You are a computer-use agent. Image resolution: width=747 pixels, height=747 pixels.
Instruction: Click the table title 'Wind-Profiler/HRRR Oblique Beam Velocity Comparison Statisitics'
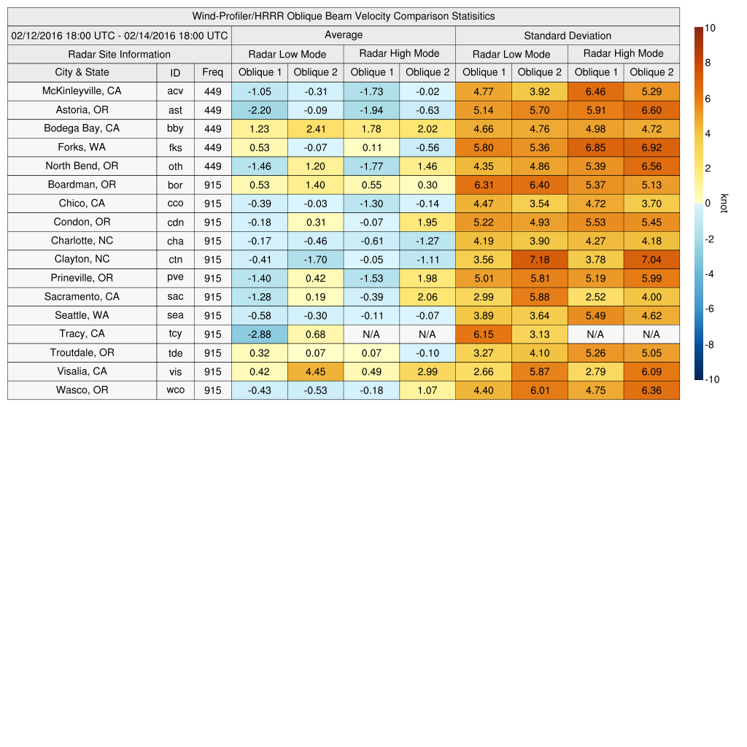click(x=344, y=16)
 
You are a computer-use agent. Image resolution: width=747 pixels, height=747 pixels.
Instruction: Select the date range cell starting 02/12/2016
click(x=120, y=35)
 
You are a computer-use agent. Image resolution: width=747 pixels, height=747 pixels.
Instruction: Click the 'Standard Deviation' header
click(x=568, y=36)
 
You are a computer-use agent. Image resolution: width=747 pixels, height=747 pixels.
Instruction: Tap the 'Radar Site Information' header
click(x=120, y=54)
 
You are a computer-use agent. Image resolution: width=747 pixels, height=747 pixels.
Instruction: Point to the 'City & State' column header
click(x=82, y=72)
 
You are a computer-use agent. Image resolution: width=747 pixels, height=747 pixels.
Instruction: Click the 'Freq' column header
click(x=212, y=72)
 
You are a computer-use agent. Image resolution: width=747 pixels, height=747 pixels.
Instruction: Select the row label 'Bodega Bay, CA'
click(x=82, y=128)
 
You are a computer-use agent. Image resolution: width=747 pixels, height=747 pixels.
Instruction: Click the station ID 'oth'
click(x=175, y=166)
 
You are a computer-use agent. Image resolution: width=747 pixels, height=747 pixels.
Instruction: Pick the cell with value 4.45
click(x=315, y=371)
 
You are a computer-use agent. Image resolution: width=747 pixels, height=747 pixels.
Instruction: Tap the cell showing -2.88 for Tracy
click(x=260, y=334)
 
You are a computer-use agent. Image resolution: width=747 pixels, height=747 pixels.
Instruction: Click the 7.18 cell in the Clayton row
click(x=540, y=259)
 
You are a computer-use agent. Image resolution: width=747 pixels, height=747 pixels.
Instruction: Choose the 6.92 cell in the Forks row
click(x=651, y=147)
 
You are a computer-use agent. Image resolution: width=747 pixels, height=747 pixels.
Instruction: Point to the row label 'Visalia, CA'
click(x=82, y=371)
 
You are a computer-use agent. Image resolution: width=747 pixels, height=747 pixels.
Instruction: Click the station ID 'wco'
click(x=175, y=390)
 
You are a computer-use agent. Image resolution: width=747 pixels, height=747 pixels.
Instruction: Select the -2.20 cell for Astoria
click(x=260, y=110)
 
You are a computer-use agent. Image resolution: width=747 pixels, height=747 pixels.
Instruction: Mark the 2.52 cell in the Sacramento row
click(x=595, y=297)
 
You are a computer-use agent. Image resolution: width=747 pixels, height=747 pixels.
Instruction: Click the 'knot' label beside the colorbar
click(x=724, y=204)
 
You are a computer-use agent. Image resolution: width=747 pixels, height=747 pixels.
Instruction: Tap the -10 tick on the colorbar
click(x=711, y=379)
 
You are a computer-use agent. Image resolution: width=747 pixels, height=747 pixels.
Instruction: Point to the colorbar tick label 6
click(x=708, y=98)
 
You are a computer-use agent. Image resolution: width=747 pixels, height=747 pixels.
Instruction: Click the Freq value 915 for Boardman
click(x=212, y=185)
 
